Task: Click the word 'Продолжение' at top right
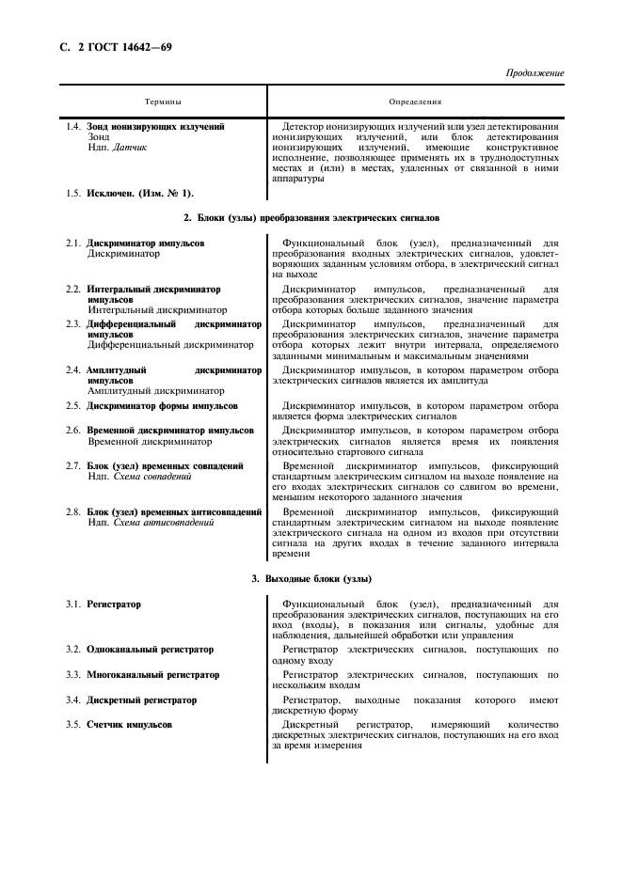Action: pyautogui.click(x=534, y=72)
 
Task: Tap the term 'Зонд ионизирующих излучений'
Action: pyautogui.click(x=155, y=126)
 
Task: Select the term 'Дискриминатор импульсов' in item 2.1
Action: pyautogui.click(x=146, y=243)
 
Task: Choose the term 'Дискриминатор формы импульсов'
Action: pyautogui.click(x=162, y=406)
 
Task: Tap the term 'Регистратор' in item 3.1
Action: pyautogui.click(x=114, y=604)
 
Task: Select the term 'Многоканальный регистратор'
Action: pyautogui.click(x=152, y=675)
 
